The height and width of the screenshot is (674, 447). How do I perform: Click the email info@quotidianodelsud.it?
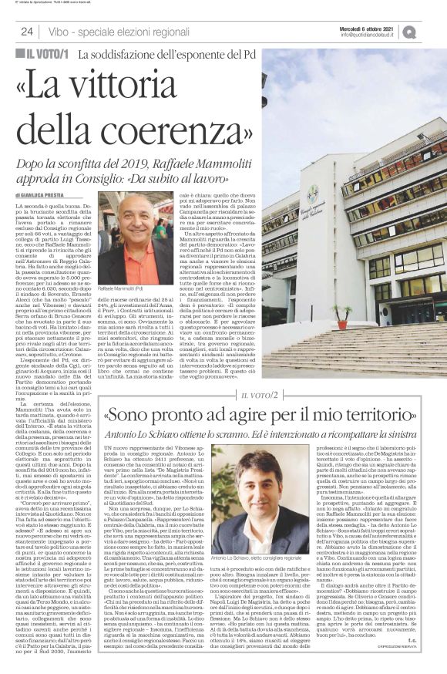coord(368,35)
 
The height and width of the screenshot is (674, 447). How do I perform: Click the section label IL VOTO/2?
coord(266,396)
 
